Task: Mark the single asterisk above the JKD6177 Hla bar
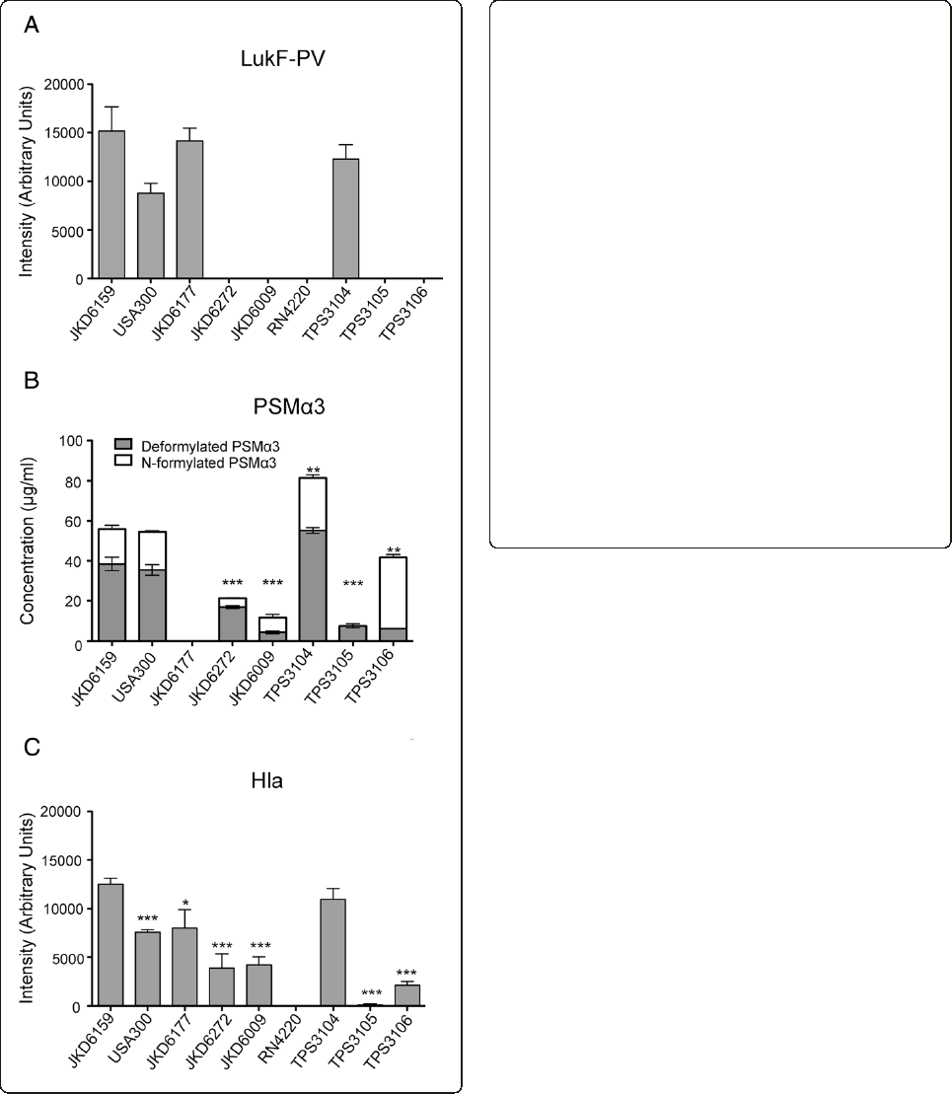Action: [184, 902]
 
